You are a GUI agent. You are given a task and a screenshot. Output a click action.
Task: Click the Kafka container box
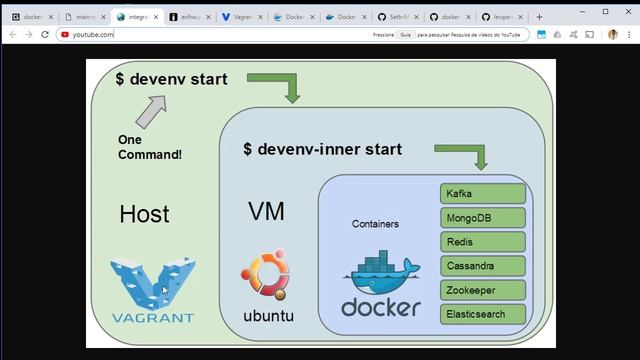click(482, 193)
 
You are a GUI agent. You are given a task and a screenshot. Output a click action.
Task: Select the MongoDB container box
click(482, 217)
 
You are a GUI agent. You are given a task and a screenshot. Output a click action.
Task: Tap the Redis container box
click(482, 241)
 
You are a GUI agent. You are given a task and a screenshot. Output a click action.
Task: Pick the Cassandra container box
click(482, 266)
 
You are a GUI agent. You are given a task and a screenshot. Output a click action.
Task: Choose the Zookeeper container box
click(482, 290)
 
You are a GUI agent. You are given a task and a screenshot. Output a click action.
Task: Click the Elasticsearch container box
click(482, 314)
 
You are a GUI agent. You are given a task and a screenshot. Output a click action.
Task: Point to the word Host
click(144, 214)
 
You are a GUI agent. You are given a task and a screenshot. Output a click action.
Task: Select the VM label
click(266, 211)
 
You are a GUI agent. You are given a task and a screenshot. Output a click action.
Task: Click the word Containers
click(375, 224)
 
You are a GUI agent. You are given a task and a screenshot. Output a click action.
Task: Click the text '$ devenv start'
click(171, 79)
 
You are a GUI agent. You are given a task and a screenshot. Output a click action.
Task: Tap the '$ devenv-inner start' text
click(322, 149)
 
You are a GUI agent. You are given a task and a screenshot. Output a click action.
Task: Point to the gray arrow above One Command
click(151, 111)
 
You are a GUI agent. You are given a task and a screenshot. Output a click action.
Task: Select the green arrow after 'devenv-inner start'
click(464, 154)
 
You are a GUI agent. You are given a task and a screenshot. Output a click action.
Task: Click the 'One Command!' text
click(150, 147)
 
